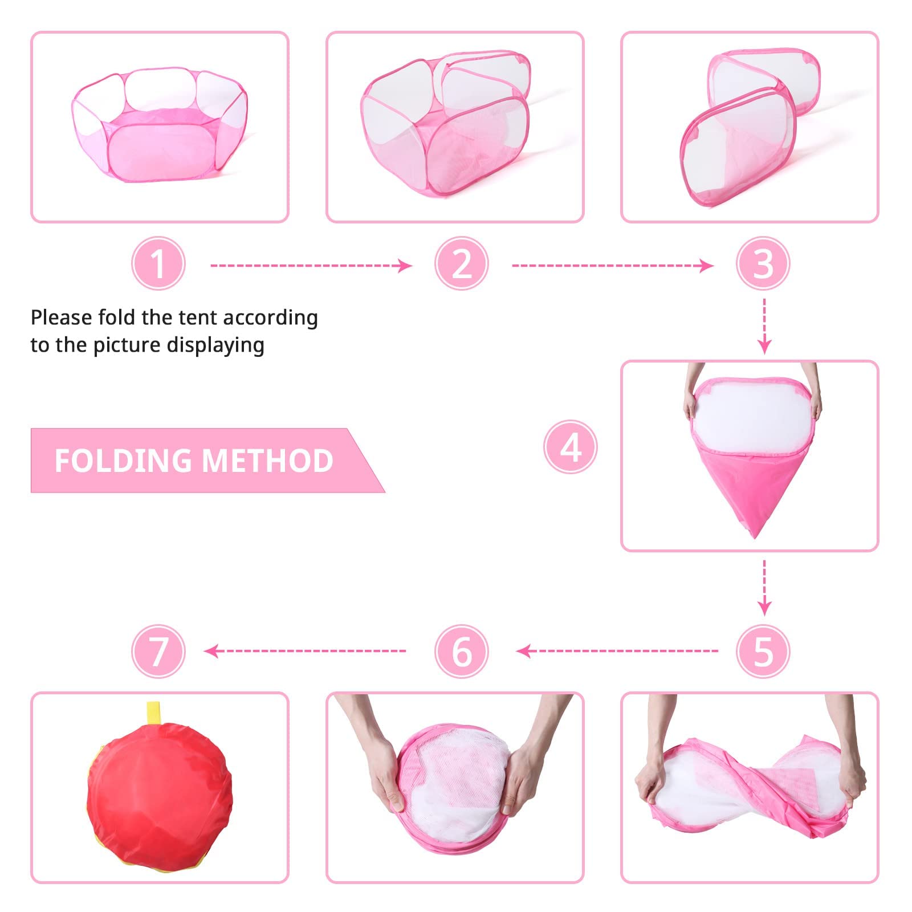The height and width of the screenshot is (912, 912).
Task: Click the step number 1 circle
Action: (x=158, y=264)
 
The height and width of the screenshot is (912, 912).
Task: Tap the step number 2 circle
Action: (x=461, y=264)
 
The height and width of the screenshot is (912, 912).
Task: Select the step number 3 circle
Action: (x=763, y=264)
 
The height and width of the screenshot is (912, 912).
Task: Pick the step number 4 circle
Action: (x=571, y=447)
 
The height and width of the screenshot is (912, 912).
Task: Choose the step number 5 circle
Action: (x=763, y=651)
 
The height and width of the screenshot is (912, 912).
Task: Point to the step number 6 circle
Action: (x=461, y=651)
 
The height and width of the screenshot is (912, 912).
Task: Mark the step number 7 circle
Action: (x=158, y=651)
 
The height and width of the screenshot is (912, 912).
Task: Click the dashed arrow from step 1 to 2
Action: (x=311, y=266)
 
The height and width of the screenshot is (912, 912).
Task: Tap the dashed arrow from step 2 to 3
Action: (x=613, y=266)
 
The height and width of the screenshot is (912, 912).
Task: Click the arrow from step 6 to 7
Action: (x=305, y=651)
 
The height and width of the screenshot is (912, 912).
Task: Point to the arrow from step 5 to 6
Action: (x=617, y=651)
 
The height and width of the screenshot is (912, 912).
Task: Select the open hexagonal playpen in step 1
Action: (x=160, y=124)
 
